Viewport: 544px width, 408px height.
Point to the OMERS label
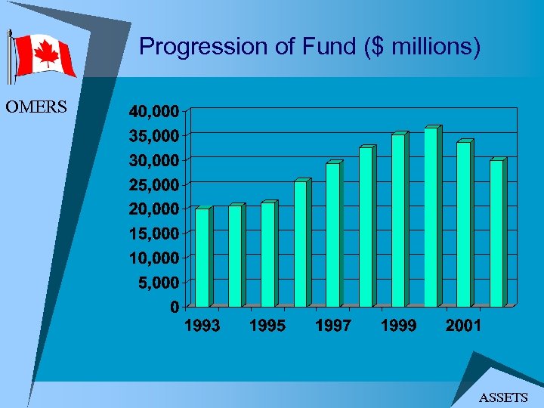click(36, 107)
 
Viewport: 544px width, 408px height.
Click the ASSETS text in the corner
click(503, 397)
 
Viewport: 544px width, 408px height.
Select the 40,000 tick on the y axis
click(154, 111)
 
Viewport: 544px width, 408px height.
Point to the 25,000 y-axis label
click(154, 184)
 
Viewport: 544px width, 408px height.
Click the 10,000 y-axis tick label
click(154, 258)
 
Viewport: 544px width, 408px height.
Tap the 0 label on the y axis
click(175, 307)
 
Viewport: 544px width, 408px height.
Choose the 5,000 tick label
click(158, 283)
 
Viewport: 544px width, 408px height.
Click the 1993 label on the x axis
click(202, 326)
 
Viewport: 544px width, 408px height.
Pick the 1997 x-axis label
click(333, 326)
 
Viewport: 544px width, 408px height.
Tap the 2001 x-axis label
click(463, 326)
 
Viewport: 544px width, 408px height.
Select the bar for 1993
click(202, 257)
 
